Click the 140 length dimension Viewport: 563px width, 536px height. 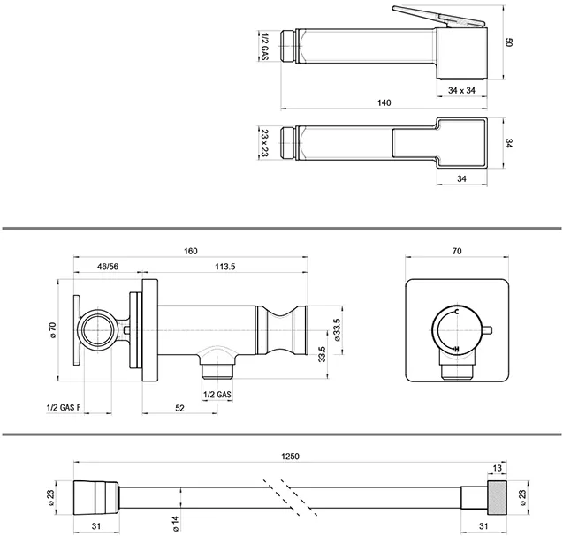(383, 103)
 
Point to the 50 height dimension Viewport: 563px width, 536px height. (510, 42)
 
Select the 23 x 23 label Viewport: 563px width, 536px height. (264, 142)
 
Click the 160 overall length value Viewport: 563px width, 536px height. (190, 251)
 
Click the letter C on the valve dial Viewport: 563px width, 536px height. (457, 314)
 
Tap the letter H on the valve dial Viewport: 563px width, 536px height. (455, 351)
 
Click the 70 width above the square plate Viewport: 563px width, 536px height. (456, 251)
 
